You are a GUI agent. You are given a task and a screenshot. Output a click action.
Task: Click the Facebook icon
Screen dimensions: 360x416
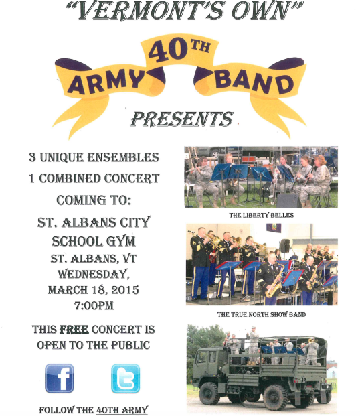[60, 378]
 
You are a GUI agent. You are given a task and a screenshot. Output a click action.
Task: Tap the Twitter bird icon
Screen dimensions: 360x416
[125, 378]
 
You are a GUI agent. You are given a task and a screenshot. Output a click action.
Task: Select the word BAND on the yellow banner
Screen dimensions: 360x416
[254, 82]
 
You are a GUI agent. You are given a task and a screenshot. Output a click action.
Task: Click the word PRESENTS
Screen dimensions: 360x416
[182, 119]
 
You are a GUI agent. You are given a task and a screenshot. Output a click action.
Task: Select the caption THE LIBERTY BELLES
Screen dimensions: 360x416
[262, 215]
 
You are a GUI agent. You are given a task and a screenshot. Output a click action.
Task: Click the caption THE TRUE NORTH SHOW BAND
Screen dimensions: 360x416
[262, 314]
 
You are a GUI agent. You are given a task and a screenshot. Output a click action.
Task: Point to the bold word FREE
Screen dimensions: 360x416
[74, 330]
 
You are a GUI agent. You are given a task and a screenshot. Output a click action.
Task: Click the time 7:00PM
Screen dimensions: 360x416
[94, 305]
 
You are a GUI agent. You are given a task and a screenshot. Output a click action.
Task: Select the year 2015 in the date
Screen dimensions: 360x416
[125, 289]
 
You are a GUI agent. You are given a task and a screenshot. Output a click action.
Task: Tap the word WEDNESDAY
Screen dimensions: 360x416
[94, 274]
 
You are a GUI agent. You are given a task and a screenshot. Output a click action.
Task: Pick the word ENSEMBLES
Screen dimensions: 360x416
[123, 157]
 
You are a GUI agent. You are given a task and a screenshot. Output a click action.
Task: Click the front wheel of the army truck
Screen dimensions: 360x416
[209, 393]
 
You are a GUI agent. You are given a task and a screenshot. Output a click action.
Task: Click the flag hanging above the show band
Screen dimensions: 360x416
[274, 228]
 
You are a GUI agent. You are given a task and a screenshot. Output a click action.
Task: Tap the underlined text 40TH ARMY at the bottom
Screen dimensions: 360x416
[122, 410]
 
